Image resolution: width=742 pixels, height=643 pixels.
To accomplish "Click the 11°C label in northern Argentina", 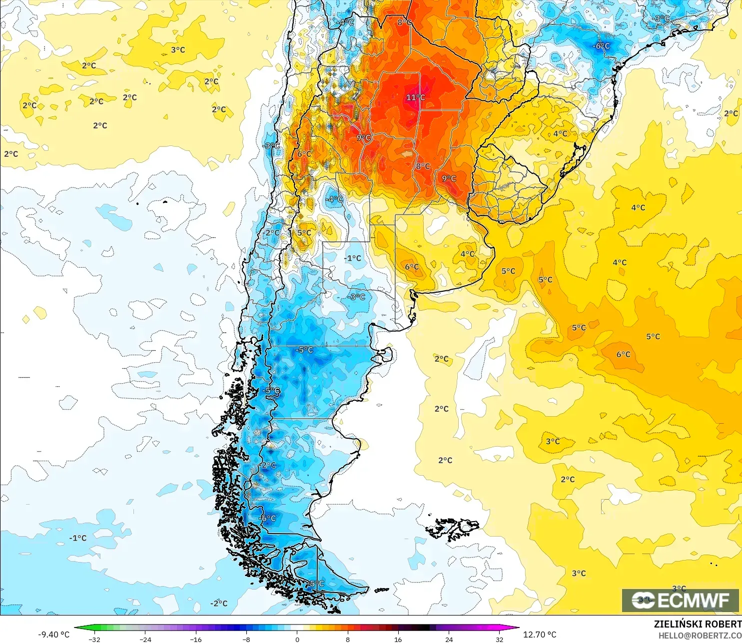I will pos(415,97).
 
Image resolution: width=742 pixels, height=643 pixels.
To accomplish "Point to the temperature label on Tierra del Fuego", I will pos(317,584).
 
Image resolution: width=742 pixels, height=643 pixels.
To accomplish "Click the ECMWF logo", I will pos(680,600).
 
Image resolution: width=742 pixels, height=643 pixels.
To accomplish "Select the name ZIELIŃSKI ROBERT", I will pos(698,624).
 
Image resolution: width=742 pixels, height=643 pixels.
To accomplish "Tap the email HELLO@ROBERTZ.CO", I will pos(700,636).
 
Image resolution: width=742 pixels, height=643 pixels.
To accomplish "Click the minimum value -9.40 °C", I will pos(54,635).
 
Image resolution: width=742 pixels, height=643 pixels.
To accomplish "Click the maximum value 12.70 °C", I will pos(540,635).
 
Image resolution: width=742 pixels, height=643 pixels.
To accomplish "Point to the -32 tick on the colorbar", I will pos(94,640).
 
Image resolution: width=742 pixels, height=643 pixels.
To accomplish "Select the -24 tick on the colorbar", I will pos(145,640).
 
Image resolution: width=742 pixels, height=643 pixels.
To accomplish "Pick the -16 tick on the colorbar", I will pos(196,640).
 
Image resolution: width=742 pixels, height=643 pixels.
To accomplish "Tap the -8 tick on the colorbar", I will pos(246,640).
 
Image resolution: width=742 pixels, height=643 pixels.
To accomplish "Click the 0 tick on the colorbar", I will pos(297,640).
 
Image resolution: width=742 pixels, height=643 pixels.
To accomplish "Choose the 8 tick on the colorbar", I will pos(348,640).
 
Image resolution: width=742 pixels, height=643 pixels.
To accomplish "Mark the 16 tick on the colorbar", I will pos(398,640).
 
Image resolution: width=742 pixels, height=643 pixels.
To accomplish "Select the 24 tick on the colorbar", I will pos(449,640).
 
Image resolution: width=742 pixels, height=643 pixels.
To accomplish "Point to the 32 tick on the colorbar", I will pos(500,640).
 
